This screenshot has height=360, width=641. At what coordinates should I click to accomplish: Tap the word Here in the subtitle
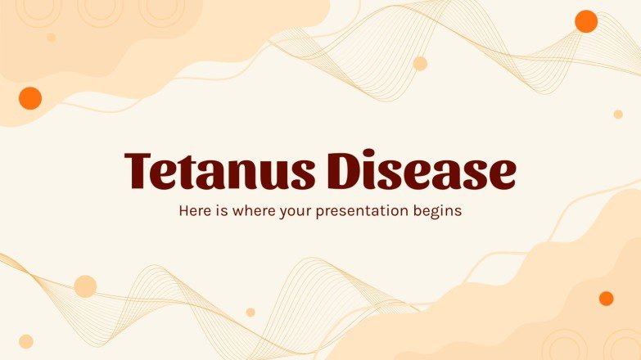[195, 210]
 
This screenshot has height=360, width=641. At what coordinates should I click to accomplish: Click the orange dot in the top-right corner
[586, 21]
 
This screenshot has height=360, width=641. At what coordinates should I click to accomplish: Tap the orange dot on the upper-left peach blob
[30, 98]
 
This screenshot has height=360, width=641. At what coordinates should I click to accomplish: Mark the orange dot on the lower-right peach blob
[606, 299]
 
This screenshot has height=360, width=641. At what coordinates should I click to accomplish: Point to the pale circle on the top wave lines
[420, 64]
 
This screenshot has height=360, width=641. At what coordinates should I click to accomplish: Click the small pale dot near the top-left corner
[51, 38]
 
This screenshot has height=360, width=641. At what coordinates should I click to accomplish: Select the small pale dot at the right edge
[618, 115]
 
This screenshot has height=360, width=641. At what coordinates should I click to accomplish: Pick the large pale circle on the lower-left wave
[85, 286]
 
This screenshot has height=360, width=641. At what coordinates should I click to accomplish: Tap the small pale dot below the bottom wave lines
[251, 312]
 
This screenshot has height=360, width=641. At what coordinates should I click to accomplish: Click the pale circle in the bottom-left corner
[26, 341]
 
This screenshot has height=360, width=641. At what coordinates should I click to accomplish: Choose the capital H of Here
[183, 210]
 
